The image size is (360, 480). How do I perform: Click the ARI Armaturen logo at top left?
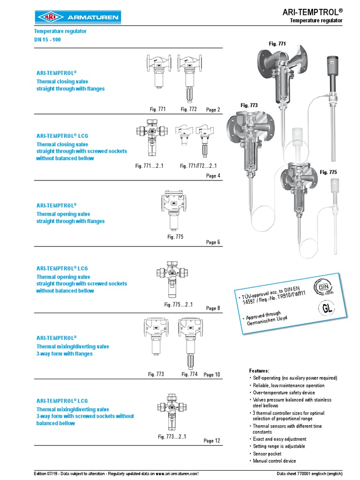78,18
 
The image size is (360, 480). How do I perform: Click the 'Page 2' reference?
213,110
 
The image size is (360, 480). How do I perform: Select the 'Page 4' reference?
213,176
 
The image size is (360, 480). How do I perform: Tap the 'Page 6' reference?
213,242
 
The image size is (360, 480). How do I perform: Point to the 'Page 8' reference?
213,308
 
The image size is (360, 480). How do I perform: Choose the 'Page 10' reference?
212,375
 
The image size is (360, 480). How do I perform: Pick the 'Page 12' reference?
212,441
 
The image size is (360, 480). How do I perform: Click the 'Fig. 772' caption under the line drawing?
189,109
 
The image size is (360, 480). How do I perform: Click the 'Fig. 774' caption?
190,374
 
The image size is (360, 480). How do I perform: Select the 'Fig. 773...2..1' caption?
172,437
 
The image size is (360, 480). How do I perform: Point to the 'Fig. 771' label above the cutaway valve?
277,44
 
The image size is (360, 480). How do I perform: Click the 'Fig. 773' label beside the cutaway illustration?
249,105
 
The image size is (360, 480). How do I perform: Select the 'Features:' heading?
259,370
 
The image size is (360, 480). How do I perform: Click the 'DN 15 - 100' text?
47,39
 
